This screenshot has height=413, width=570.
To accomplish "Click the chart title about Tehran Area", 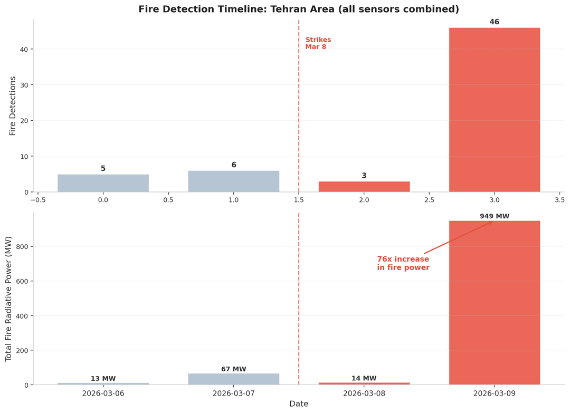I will click(299, 9).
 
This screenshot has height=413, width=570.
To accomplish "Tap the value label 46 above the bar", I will click(495, 22).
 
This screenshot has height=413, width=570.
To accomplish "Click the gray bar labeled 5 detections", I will click(103, 183).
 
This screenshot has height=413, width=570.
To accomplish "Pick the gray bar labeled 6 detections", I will click(234, 181).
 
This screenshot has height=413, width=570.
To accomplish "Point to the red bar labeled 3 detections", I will click(364, 187).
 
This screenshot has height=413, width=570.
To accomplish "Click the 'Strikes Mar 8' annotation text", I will click(318, 43).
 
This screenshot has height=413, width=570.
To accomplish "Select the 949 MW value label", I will click(495, 216).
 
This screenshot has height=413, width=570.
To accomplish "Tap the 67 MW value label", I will click(234, 369).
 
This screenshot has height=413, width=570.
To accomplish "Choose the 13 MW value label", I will click(103, 379).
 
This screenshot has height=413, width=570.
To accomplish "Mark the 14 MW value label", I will click(364, 378).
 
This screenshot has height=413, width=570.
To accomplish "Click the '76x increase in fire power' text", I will click(403, 263).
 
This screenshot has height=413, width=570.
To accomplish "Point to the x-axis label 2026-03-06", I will click(103, 394).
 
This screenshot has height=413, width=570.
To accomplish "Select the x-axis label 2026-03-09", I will click(495, 394).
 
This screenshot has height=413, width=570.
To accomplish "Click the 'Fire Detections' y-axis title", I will click(13, 105).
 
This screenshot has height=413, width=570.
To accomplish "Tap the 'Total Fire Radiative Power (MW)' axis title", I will click(9, 299).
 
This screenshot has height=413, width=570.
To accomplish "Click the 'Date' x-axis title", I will click(299, 404).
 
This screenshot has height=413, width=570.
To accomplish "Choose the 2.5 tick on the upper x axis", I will click(429, 200).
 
